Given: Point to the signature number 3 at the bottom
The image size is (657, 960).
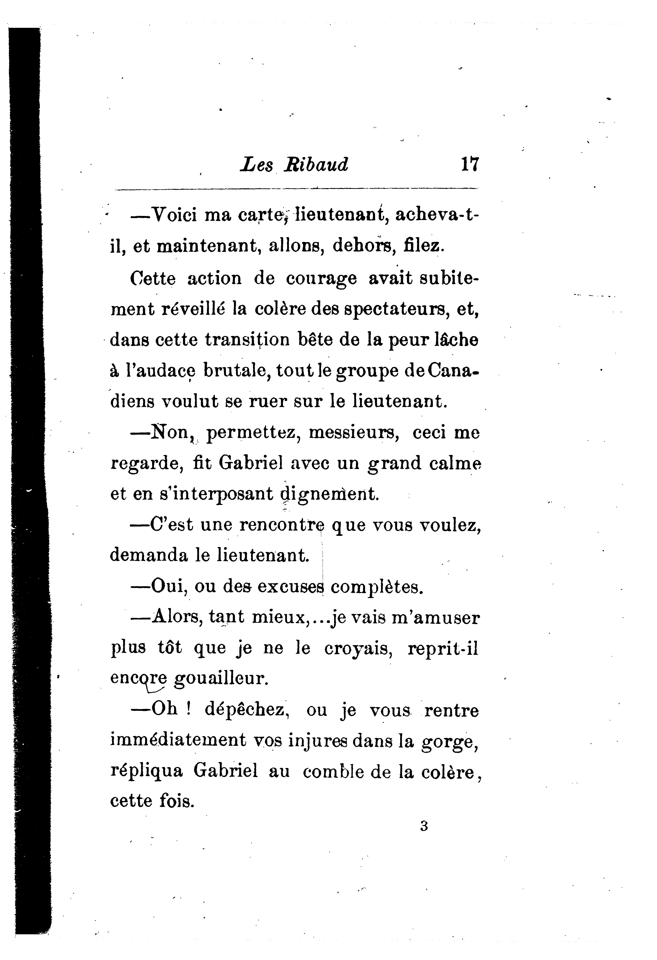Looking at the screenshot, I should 424,826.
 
